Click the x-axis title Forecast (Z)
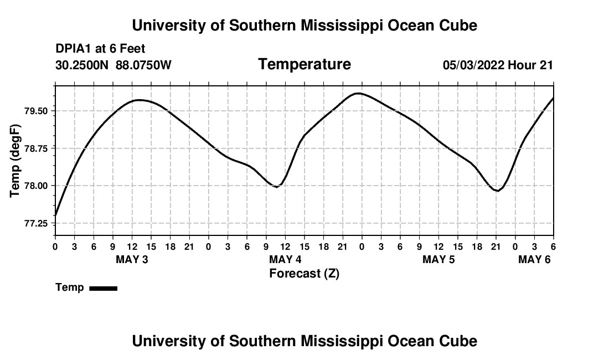(304, 273)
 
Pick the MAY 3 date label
(132, 259)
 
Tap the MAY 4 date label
(285, 259)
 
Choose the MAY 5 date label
(438, 259)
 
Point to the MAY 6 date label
(534, 259)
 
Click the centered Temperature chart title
(304, 64)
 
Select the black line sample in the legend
(103, 288)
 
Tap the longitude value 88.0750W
(143, 65)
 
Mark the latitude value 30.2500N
(83, 65)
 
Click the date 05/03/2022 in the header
(473, 65)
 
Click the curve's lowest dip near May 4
(276, 187)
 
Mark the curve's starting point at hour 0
(55, 215)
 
